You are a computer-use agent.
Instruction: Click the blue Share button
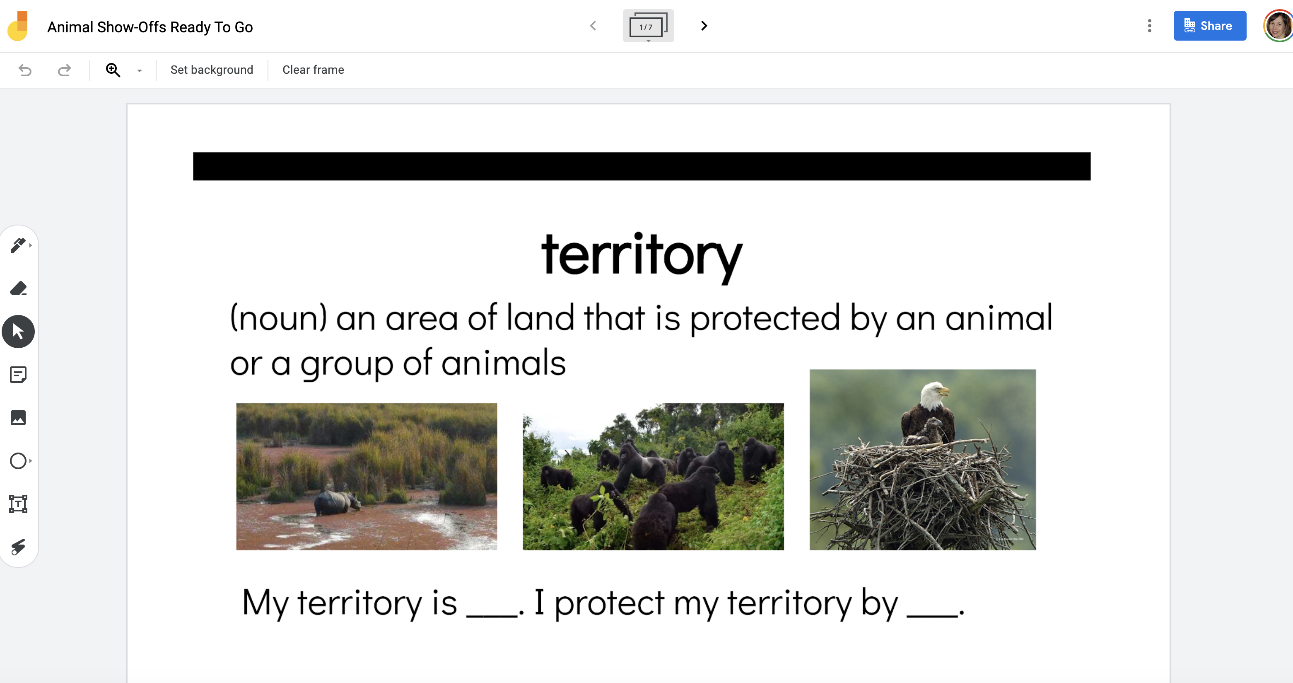click(x=1210, y=26)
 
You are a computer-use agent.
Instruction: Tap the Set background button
click(x=212, y=70)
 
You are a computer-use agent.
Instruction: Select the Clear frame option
click(x=313, y=70)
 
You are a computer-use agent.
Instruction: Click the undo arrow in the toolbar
click(x=25, y=70)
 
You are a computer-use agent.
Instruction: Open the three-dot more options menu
click(x=1149, y=26)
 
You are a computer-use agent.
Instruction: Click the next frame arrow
click(x=704, y=26)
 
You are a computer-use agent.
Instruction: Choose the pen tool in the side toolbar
click(x=18, y=245)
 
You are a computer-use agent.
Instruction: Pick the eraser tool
click(x=18, y=288)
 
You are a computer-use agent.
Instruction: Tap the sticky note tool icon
click(x=18, y=375)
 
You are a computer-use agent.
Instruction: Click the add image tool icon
click(x=18, y=418)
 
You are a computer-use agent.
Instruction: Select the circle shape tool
click(x=18, y=460)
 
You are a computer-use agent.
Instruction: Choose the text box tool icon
click(x=18, y=504)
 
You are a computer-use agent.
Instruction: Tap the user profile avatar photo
click(x=1279, y=26)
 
